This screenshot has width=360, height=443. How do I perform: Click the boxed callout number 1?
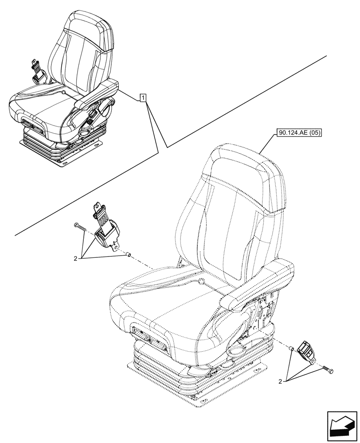143,98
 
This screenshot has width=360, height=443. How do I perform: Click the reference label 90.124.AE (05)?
299,132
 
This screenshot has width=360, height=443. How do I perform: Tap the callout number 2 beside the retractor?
76,258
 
